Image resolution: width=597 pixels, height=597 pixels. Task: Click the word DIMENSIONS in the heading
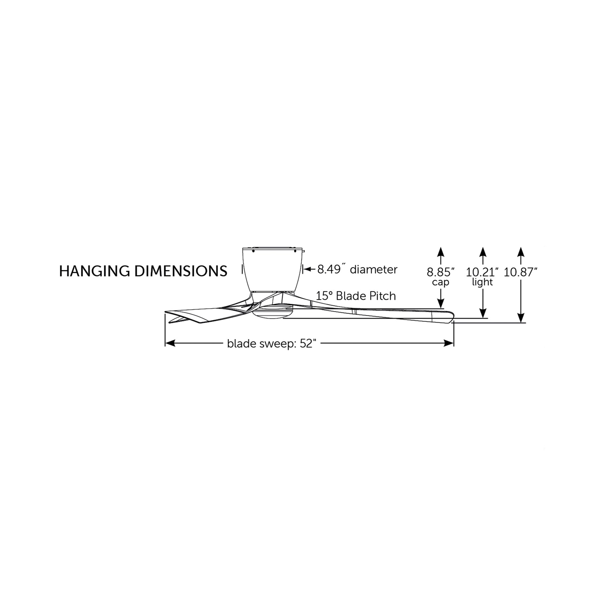[x=181, y=271]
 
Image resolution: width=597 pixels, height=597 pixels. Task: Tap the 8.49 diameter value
[x=329, y=269]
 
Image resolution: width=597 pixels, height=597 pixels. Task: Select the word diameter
[x=373, y=269]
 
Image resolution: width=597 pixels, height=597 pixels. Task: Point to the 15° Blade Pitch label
[x=356, y=296]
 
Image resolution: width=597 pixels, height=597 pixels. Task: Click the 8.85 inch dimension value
[x=440, y=272]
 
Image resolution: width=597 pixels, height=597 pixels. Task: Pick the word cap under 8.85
[x=440, y=282]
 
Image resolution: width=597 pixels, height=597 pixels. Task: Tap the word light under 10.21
[x=482, y=282]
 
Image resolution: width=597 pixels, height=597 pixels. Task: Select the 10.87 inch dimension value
[x=520, y=272]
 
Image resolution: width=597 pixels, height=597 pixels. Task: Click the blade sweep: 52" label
[x=270, y=344]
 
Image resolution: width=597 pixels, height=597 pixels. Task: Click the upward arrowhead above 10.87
[x=521, y=252]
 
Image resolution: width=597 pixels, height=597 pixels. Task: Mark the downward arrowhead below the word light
[x=483, y=313]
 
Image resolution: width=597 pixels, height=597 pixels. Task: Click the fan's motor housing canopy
[x=273, y=269]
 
